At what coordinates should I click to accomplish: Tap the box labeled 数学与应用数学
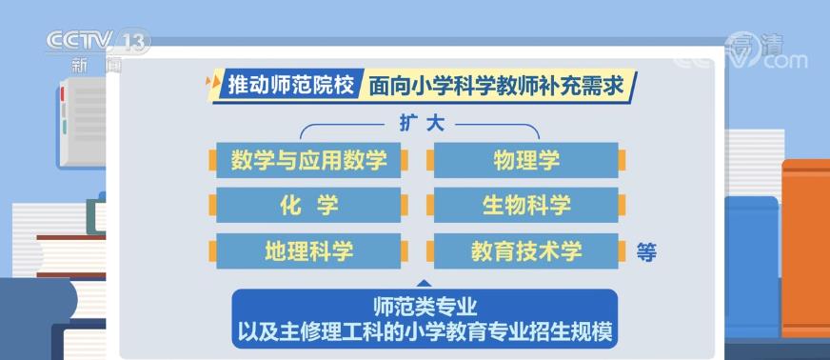(308, 160)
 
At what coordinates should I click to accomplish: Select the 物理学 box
(526, 160)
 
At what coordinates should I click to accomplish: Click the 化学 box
(308, 205)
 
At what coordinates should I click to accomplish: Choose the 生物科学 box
(526, 205)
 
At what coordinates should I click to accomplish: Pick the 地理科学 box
(308, 250)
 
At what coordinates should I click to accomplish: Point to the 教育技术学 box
(526, 250)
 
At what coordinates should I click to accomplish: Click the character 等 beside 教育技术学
(646, 252)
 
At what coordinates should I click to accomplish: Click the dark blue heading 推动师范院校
(290, 85)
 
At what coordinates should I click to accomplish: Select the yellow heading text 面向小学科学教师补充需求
(495, 86)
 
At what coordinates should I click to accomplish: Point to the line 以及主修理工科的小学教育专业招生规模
(425, 332)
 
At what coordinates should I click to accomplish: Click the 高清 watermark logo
(766, 50)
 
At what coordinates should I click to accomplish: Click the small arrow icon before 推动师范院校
(214, 84)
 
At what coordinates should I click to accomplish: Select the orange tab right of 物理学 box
(622, 160)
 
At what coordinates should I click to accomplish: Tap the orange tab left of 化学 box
(212, 205)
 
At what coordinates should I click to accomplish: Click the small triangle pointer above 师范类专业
(425, 283)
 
